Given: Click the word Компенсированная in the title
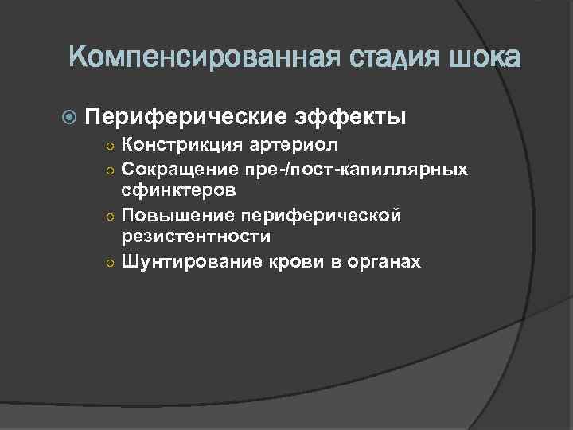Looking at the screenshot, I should coord(195,58).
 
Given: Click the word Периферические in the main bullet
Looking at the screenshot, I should coord(185,117).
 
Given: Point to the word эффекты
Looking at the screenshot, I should coord(352,117).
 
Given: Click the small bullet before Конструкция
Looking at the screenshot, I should coord(111,147).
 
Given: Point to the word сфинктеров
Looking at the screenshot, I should coord(177,191).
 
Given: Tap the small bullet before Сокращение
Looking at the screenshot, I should coord(111,170).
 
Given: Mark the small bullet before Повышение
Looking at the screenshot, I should coord(111,216).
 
